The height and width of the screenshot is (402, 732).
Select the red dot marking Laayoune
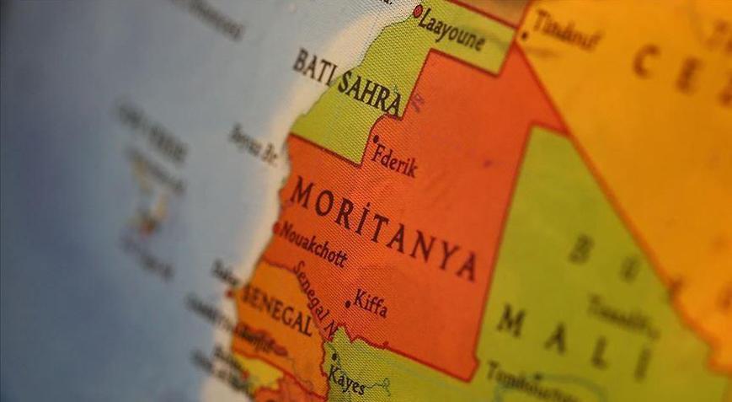[x=419, y=11]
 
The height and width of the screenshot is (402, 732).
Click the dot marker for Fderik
[x=376, y=139]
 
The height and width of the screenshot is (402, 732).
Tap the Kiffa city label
[x=371, y=304]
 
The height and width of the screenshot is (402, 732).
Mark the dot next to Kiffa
[x=348, y=304]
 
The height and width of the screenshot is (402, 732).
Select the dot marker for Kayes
[x=335, y=357]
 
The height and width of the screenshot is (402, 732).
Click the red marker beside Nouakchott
[x=278, y=228]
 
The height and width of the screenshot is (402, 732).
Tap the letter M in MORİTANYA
[x=302, y=195]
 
